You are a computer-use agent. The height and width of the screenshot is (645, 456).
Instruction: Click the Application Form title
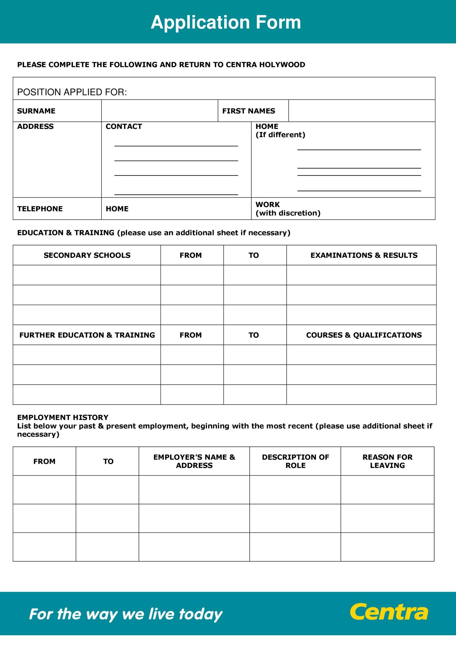(226, 22)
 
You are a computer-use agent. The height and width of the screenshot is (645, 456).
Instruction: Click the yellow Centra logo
(389, 612)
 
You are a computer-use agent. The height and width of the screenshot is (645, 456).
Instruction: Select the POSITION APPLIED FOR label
(72, 92)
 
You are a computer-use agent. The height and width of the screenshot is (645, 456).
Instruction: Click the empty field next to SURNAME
(159, 111)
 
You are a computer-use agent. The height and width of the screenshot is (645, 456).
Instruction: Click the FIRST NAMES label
(248, 111)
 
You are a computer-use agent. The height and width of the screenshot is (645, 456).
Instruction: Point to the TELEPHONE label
(40, 209)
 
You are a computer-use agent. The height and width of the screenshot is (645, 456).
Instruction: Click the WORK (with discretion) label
(288, 209)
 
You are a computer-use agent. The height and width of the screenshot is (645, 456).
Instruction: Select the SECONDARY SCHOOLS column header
(87, 255)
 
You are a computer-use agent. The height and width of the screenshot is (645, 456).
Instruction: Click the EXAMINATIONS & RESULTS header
(364, 255)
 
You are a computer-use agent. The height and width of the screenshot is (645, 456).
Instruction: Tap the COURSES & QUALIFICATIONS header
(364, 335)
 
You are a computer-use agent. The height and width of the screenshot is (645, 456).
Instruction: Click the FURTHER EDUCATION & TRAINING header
(87, 335)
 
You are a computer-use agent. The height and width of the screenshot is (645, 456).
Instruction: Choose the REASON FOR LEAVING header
(387, 461)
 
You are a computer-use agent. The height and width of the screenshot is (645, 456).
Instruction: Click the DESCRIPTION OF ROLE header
(295, 461)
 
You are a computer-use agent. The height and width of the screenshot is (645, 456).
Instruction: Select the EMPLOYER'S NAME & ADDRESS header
(194, 461)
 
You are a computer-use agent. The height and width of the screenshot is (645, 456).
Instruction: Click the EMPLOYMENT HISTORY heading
(63, 417)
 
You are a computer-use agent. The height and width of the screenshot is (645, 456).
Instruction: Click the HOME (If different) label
(280, 130)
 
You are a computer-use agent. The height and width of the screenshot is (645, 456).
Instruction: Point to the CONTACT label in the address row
(124, 127)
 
